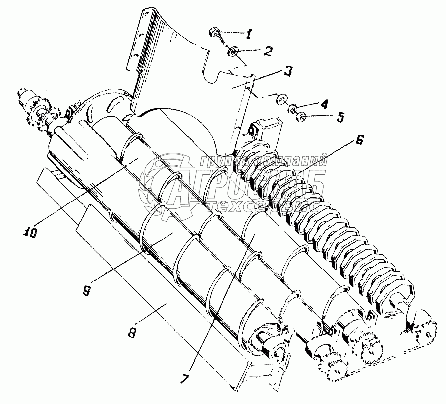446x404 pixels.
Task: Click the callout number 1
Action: point(249,34)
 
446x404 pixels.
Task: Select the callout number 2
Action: point(268,50)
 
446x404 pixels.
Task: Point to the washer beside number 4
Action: point(292,108)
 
